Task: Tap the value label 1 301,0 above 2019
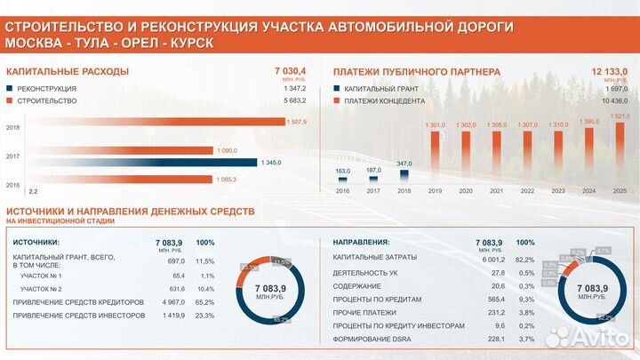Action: pyautogui.click(x=435, y=125)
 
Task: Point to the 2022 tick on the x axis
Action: pyautogui.click(x=528, y=190)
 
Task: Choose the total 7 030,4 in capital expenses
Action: pyautogui.click(x=291, y=70)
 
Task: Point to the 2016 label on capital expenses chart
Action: pyautogui.click(x=13, y=184)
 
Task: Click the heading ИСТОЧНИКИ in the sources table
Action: pyautogui.click(x=36, y=242)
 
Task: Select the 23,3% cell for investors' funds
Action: pyautogui.click(x=204, y=316)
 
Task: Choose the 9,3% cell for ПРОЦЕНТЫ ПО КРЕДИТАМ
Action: pyautogui.click(x=524, y=300)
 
